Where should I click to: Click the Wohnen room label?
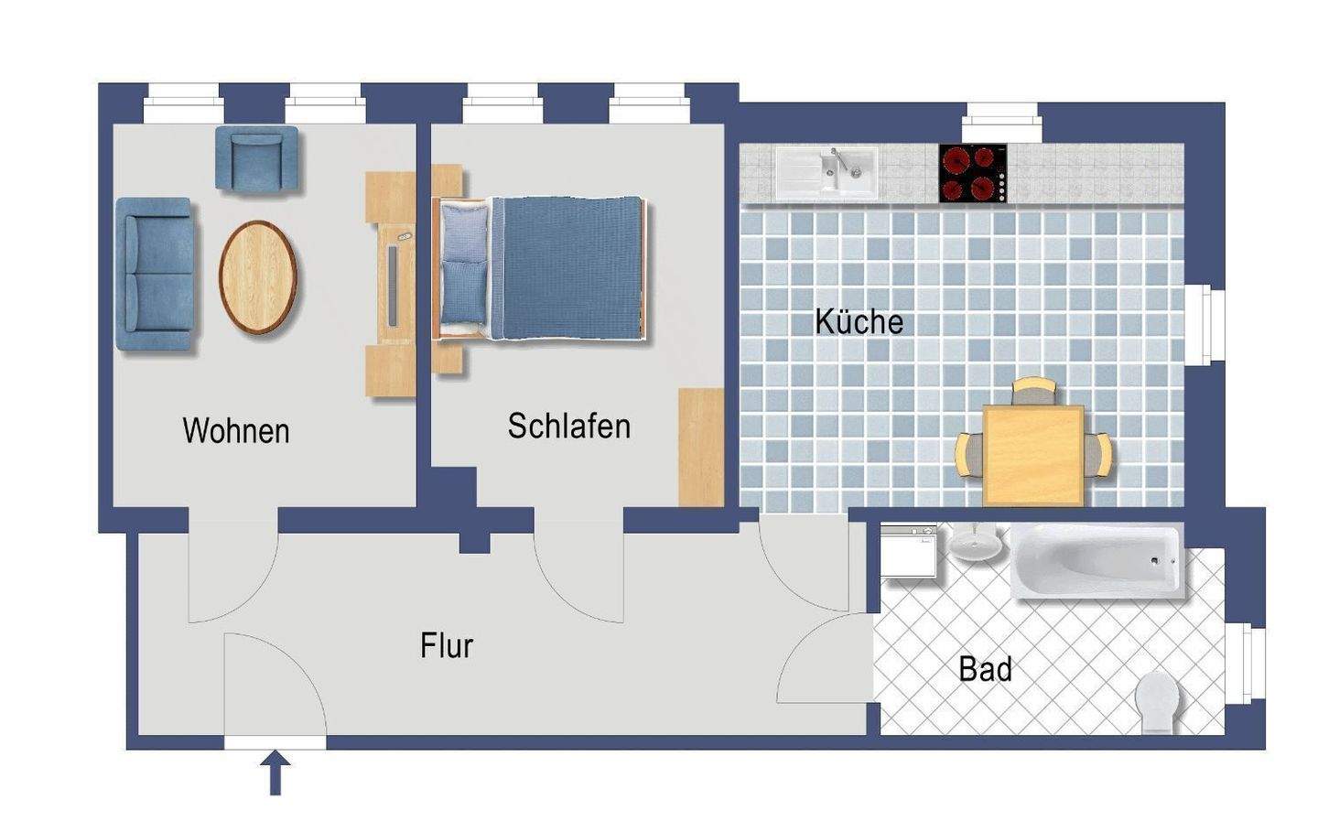click(x=236, y=430)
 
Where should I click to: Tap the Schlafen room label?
click(x=568, y=426)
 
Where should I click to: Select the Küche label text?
click(x=859, y=321)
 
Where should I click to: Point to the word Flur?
click(x=447, y=645)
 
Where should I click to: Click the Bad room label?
click(x=985, y=669)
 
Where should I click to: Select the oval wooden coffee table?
click(x=258, y=276)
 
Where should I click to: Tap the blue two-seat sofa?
click(x=155, y=274)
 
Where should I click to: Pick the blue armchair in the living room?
click(x=257, y=158)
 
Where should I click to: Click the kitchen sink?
click(x=826, y=173)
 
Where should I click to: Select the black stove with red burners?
click(x=973, y=173)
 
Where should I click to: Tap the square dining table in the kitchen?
click(x=1032, y=456)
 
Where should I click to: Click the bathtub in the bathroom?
click(x=1097, y=560)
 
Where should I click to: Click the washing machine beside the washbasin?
click(x=909, y=552)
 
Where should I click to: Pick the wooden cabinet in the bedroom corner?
click(x=701, y=446)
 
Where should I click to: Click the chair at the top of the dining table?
click(x=1034, y=392)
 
